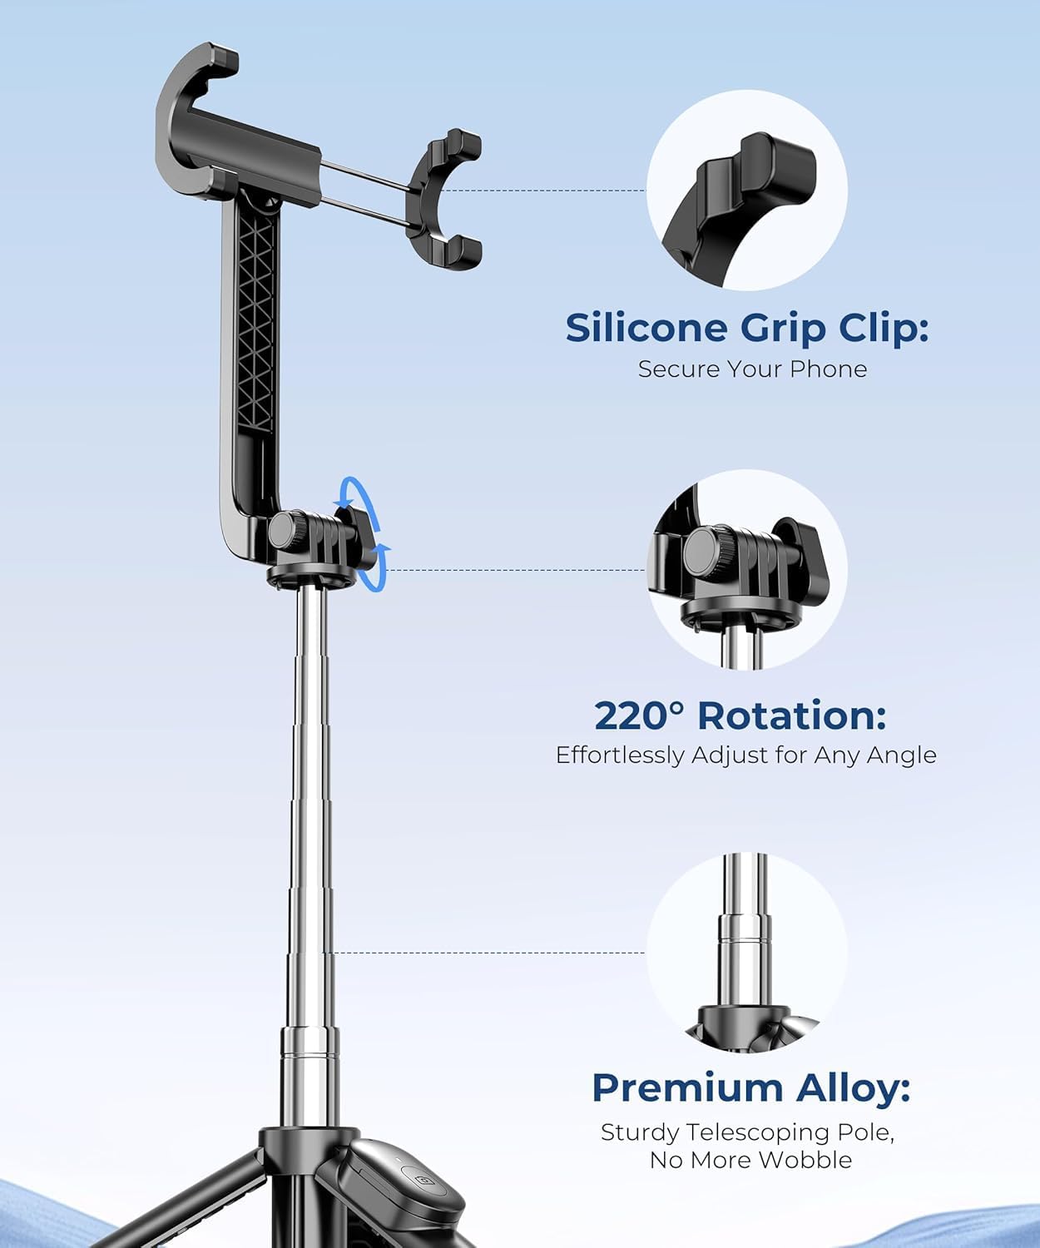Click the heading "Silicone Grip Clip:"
coord(746,328)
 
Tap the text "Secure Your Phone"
coord(752,369)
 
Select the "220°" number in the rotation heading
coord(638,716)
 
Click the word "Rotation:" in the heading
coord(791,716)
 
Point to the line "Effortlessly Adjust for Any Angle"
coord(745,755)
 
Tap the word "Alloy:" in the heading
coord(853,1087)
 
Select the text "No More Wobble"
coord(750,1160)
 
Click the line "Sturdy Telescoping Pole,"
coord(747,1132)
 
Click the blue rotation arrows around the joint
coord(368,532)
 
